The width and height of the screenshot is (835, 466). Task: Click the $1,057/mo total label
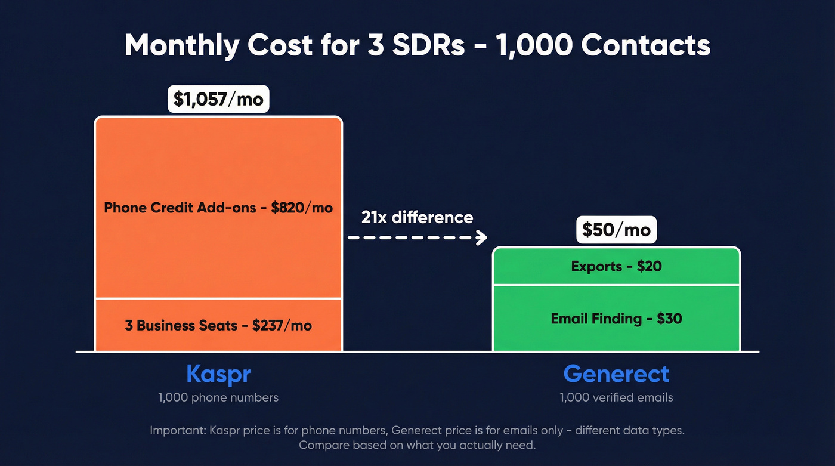pyautogui.click(x=218, y=98)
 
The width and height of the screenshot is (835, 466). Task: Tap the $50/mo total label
pyautogui.click(x=616, y=230)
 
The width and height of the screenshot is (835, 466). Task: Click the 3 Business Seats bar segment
pyautogui.click(x=218, y=325)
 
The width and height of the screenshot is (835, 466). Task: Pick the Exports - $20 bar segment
pyautogui.click(x=616, y=266)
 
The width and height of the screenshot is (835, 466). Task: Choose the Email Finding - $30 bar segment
pyautogui.click(x=616, y=319)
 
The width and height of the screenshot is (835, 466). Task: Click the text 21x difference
pyautogui.click(x=417, y=217)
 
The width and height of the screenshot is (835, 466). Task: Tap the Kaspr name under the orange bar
pyautogui.click(x=218, y=374)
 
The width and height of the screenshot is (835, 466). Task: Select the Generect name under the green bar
pyautogui.click(x=616, y=374)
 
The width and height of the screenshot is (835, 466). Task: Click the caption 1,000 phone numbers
pyautogui.click(x=218, y=397)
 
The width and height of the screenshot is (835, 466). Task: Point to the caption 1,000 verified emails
pyautogui.click(x=616, y=397)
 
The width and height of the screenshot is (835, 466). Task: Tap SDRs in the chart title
pyautogui.click(x=428, y=45)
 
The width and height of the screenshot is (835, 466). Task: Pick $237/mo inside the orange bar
pyautogui.click(x=282, y=325)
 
